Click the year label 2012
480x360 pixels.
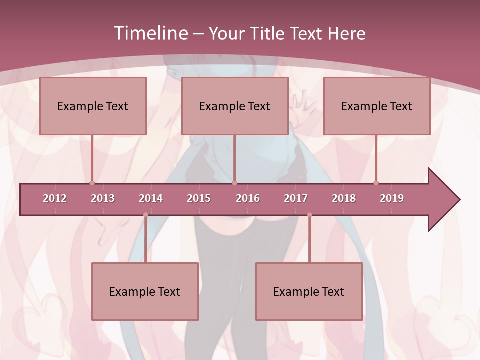[55, 198]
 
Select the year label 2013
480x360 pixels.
[103, 198]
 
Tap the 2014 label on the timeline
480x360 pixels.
[151, 198]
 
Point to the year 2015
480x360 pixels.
[199, 198]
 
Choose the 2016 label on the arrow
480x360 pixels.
[248, 198]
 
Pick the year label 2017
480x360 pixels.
[296, 198]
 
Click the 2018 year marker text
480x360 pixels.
[344, 198]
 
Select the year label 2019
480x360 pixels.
[392, 198]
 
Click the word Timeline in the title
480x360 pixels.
[150, 33]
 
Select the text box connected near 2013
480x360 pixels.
[93, 106]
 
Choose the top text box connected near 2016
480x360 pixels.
[235, 106]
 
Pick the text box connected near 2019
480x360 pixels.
[377, 106]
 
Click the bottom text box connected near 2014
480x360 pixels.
[145, 291]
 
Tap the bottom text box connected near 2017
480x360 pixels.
[309, 291]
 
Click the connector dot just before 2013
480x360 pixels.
[92, 183]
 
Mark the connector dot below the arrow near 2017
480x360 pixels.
[309, 215]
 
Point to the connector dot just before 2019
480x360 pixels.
[376, 183]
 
